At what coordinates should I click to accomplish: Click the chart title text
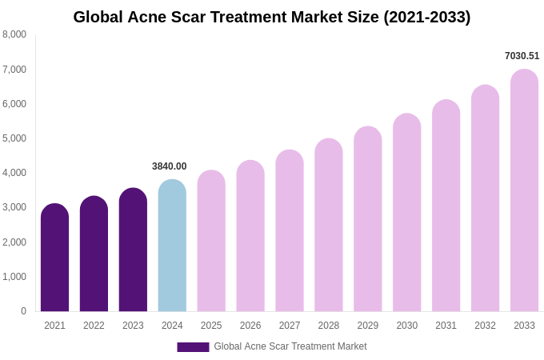click(x=272, y=17)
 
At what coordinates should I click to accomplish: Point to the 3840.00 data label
click(x=170, y=166)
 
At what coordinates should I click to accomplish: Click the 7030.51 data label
click(x=522, y=56)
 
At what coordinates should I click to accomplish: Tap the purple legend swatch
click(x=193, y=347)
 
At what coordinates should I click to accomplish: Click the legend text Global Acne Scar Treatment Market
click(x=290, y=346)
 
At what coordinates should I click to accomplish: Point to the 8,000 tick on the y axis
click(x=14, y=34)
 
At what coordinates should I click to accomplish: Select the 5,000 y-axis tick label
click(x=14, y=138)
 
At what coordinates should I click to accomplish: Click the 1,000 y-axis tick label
click(x=14, y=277)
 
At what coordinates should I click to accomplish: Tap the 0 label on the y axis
click(x=23, y=311)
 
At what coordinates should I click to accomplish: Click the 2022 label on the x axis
click(x=94, y=326)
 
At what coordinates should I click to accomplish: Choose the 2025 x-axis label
click(x=211, y=326)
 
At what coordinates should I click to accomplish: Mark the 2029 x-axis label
click(x=368, y=326)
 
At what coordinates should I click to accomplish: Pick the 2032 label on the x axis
click(x=485, y=326)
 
